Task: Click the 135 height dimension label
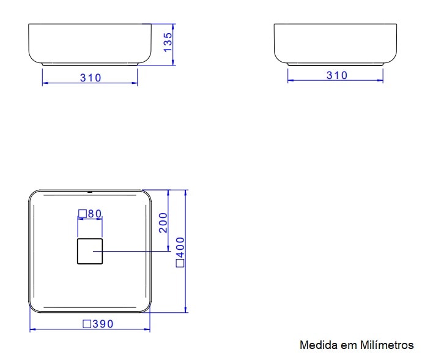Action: pyautogui.click(x=168, y=42)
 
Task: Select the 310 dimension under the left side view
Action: pyautogui.click(x=91, y=78)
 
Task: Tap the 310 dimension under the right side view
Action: pyautogui.click(x=336, y=75)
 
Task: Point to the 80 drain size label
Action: pyautogui.click(x=94, y=214)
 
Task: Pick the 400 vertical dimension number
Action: pyautogui.click(x=180, y=248)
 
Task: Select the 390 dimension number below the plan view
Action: pyautogui.click(x=103, y=324)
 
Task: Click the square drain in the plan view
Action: pyautogui.click(x=90, y=251)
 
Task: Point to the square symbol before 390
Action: pyautogui.click(x=87, y=324)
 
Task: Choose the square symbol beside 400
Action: pyautogui.click(x=180, y=263)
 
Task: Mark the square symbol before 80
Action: pyautogui.click(x=81, y=214)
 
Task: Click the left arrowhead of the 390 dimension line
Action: pyautogui.click(x=32, y=330)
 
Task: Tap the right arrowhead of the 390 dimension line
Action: pyautogui.click(x=148, y=330)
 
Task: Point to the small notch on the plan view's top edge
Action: pyautogui.click(x=90, y=191)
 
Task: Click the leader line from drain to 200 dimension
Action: pyautogui.click(x=135, y=251)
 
